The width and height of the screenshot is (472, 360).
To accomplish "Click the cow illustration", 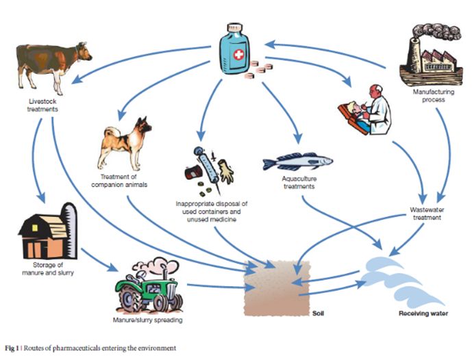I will (x=52, y=66).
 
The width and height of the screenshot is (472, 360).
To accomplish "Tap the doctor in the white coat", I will (x=367, y=110).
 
